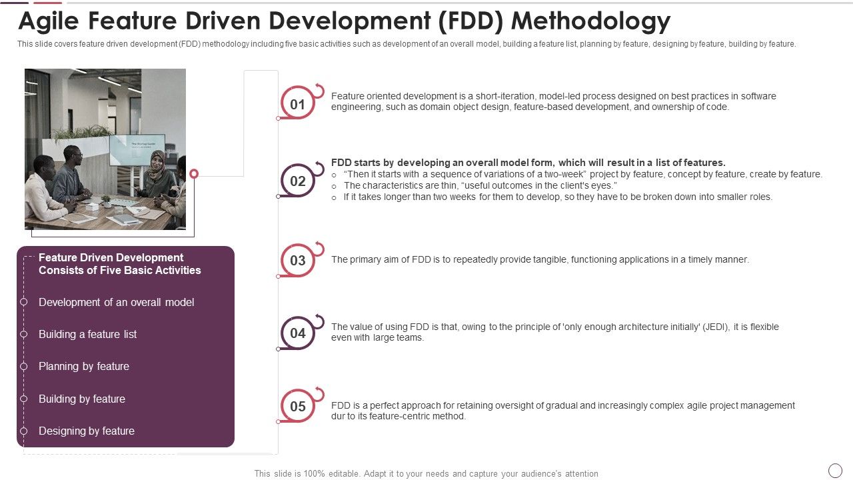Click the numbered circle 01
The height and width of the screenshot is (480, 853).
point(297,104)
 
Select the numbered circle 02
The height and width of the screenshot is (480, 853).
point(297,181)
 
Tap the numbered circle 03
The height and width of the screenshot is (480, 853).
point(297,260)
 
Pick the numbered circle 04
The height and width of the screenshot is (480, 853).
point(297,333)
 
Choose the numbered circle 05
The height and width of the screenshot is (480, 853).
point(297,406)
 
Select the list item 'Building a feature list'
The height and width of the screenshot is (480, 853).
point(87,334)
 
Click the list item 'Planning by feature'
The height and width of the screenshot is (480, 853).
point(84,366)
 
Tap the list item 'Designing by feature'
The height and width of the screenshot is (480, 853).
point(87,431)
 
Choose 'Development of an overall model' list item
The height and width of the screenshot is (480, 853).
point(117,302)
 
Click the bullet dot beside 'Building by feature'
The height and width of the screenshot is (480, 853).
point(24,399)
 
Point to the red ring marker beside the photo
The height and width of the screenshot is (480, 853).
point(194,174)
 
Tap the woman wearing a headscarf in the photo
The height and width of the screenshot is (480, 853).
point(157,172)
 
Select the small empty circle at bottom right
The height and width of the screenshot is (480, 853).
point(835,471)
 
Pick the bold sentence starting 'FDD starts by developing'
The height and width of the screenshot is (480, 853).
point(528,163)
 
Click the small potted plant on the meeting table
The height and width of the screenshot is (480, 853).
point(105,200)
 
